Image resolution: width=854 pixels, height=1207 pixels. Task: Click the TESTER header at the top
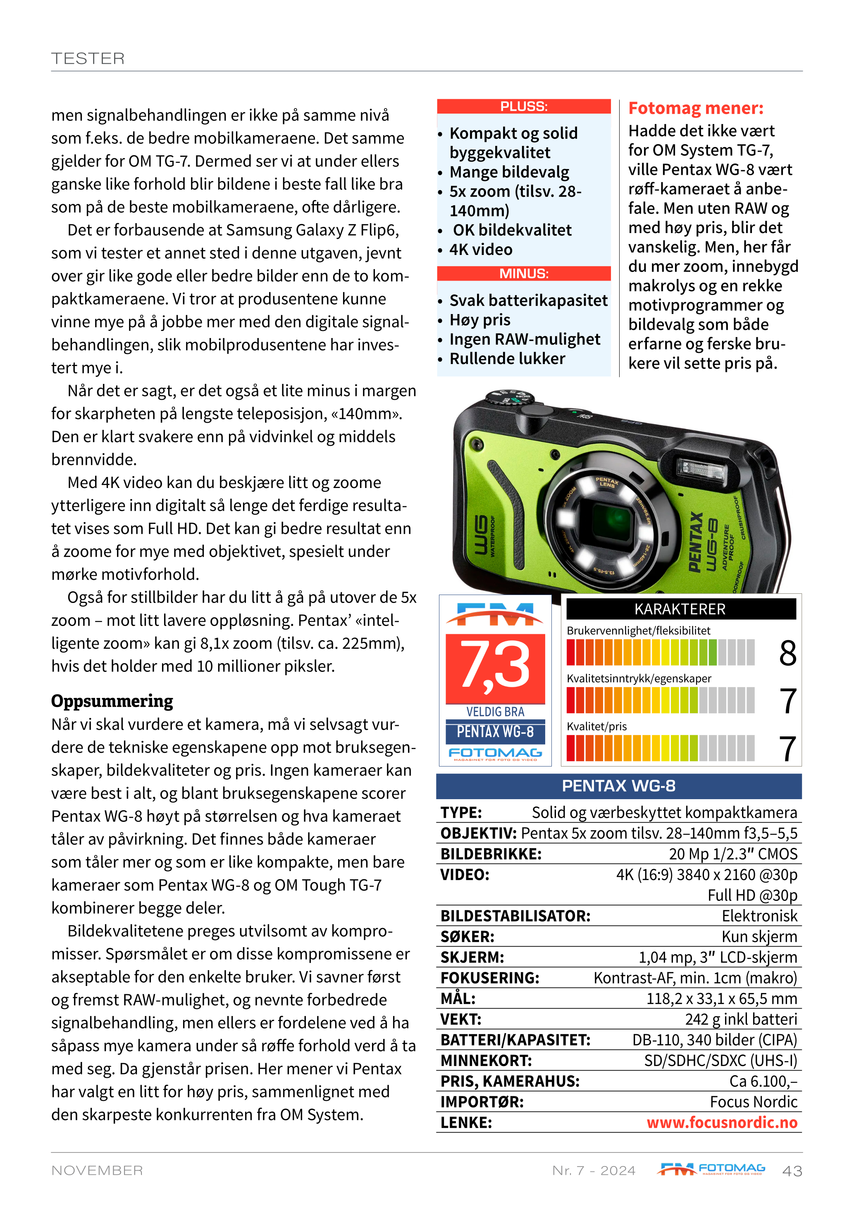click(88, 58)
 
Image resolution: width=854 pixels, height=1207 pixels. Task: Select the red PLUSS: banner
click(523, 107)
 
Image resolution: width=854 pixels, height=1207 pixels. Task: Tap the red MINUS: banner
click(523, 274)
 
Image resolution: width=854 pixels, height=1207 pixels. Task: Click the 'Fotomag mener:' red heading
click(696, 108)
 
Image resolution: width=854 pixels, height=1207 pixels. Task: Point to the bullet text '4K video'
click(481, 250)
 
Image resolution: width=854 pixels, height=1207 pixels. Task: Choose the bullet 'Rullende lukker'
click(507, 359)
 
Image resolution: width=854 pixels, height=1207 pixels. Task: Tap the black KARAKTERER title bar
click(680, 609)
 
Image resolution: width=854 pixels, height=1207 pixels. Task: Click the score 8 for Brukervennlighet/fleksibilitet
click(787, 653)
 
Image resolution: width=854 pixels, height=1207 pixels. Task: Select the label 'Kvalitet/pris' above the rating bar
click(596, 726)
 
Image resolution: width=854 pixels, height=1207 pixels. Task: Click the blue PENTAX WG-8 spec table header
click(618, 786)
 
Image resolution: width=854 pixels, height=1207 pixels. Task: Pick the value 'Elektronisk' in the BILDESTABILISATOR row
click(759, 916)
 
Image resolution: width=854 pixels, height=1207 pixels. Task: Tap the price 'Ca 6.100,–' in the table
click(763, 1081)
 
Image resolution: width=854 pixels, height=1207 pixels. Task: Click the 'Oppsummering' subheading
click(112, 701)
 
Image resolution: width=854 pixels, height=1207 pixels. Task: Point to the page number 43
click(792, 1171)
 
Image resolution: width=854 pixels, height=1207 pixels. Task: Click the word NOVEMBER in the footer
click(97, 1170)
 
